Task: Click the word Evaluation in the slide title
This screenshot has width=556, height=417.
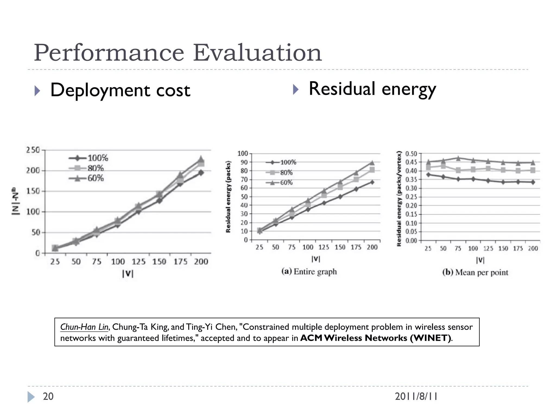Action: click(x=257, y=53)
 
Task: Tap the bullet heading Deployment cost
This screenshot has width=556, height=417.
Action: click(x=120, y=90)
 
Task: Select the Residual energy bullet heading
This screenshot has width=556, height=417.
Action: click(x=372, y=89)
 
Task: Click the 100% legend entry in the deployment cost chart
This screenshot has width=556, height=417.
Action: click(x=97, y=158)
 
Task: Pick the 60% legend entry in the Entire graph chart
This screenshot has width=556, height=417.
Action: click(x=286, y=183)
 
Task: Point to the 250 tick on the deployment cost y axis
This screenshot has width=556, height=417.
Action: click(x=33, y=150)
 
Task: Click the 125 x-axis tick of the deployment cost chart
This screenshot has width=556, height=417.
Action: click(x=138, y=262)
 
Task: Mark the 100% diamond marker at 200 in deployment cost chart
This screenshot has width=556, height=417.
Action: click(x=201, y=173)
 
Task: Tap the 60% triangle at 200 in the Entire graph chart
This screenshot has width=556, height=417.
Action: click(x=372, y=163)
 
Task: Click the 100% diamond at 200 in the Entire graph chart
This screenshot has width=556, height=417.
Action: click(x=372, y=182)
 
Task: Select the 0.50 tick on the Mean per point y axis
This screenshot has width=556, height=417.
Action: click(x=411, y=154)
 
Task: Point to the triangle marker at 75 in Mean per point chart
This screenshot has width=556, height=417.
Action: click(x=458, y=158)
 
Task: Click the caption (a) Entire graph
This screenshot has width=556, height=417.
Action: click(x=309, y=271)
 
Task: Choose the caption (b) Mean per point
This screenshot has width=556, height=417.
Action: click(x=475, y=272)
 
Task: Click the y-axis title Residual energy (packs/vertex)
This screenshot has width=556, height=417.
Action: click(x=399, y=198)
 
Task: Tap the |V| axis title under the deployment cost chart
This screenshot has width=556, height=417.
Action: click(x=128, y=274)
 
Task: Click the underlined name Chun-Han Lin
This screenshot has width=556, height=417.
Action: click(x=84, y=327)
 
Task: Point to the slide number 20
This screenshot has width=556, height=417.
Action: click(x=48, y=396)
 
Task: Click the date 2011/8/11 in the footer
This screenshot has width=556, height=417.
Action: click(x=416, y=397)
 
